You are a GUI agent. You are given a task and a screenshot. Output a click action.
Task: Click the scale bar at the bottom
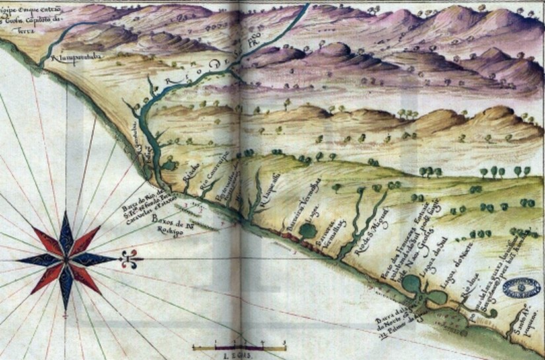[238, 345]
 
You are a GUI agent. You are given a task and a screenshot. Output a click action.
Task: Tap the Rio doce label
[466, 292]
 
